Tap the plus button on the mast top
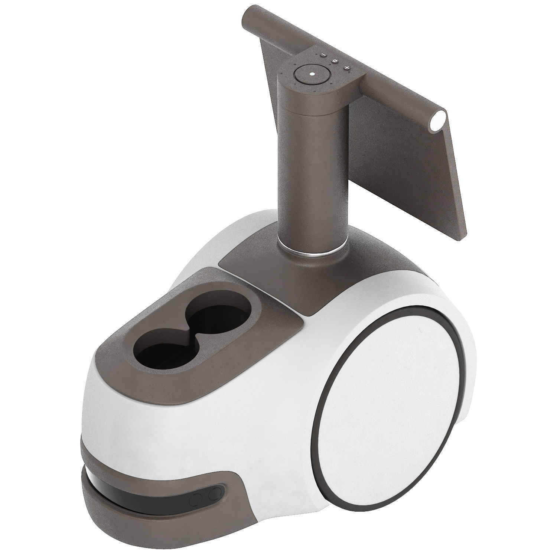[x=347, y=68]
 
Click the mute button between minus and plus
[x=335, y=61]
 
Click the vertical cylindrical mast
[x=312, y=167]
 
